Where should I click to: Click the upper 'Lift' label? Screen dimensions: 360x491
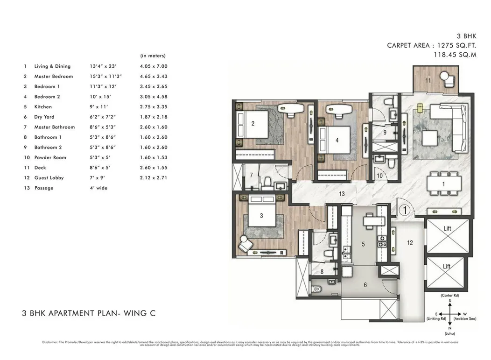click(447, 229)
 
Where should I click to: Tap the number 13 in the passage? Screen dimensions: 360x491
click(342, 193)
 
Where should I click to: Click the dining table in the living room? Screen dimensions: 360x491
click(443, 183)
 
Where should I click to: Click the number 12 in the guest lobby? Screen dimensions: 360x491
click(410, 242)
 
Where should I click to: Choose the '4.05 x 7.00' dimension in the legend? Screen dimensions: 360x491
click(153, 66)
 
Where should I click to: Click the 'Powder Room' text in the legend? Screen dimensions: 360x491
click(50, 157)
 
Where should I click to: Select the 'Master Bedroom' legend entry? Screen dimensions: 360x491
click(53, 76)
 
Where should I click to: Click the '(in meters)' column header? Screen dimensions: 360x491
click(153, 56)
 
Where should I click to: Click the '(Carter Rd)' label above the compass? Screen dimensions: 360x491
click(450, 296)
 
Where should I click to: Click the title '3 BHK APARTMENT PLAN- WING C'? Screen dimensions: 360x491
click(89, 313)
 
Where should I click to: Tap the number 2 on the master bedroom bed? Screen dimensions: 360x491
click(253, 124)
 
